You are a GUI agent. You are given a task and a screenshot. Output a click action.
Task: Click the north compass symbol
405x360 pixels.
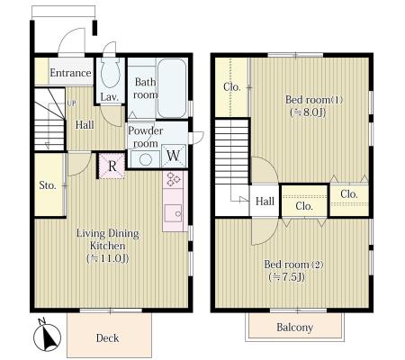point(47,337)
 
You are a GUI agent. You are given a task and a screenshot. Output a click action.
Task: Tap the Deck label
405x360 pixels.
point(107,338)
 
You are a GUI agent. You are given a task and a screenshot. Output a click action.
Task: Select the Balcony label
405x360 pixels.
point(295,327)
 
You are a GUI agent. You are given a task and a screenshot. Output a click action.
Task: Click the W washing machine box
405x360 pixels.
point(173,156)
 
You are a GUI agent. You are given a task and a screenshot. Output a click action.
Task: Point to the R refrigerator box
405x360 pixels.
point(112,166)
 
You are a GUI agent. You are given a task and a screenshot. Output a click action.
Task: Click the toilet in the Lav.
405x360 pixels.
point(111,72)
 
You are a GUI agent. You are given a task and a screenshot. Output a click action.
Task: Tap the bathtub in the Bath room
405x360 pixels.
point(172,87)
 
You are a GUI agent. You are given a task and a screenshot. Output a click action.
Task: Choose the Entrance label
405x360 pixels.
point(70,73)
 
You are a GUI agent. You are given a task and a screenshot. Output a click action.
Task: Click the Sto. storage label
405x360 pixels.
point(48,185)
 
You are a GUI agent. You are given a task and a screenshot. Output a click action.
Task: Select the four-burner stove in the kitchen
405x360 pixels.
point(173,179)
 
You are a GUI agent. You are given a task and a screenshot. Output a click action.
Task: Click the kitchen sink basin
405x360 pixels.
point(173,213)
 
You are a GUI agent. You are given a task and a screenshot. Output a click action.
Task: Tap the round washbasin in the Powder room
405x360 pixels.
point(146,159)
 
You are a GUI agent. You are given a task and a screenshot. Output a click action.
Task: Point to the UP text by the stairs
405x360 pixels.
point(71,103)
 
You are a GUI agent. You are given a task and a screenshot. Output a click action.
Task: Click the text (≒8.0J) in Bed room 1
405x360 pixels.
point(308,112)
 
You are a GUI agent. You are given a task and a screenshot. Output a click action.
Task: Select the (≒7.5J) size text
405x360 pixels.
point(287,277)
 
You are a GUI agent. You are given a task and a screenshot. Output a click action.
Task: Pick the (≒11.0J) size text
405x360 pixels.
point(108,258)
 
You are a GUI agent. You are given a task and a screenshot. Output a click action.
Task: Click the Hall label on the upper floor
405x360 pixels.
point(265,201)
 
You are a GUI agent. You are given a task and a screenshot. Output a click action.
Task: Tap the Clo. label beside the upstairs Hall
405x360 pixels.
point(304,206)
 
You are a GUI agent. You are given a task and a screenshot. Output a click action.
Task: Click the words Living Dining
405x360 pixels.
point(108,233)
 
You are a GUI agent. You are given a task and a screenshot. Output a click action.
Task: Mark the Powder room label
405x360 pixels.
point(146,137)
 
